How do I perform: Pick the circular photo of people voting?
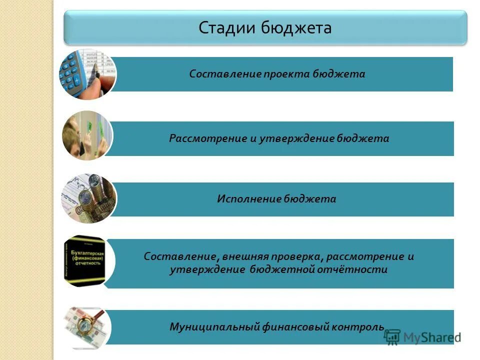pyautogui.click(x=87, y=135)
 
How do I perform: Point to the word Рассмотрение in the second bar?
pyautogui.click(x=207, y=138)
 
